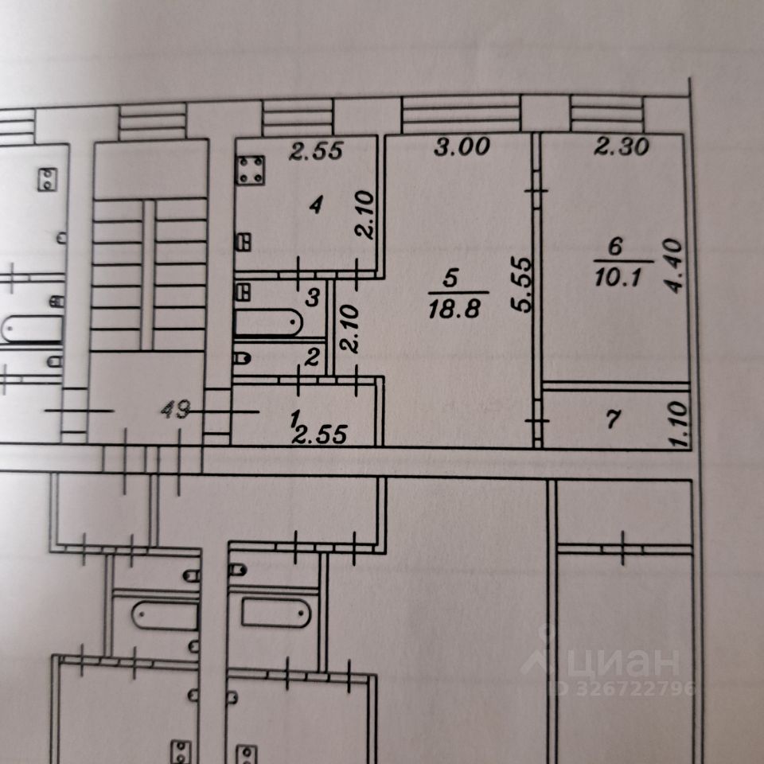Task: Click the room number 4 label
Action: [316, 206]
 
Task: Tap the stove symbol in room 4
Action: [251, 170]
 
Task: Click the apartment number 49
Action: [175, 411]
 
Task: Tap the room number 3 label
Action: [313, 298]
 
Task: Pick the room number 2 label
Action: [312, 358]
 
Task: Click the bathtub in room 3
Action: [269, 325]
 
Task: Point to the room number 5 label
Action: [450, 279]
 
